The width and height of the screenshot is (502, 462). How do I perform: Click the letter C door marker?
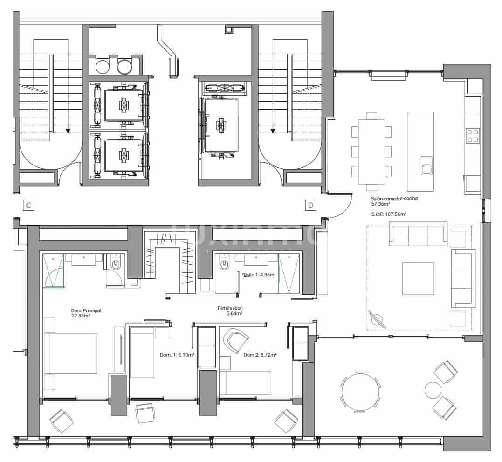pos(28,205)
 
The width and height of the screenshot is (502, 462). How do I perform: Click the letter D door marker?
pos(310,205)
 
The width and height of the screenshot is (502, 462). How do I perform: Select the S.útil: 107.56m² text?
pos(389,214)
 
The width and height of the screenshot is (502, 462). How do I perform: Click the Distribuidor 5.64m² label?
pos(230,311)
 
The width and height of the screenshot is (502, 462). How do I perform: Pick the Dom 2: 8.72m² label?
pos(260,355)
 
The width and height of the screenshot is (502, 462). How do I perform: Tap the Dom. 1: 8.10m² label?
pos(177,355)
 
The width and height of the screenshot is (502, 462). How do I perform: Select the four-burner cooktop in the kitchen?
pos(473,135)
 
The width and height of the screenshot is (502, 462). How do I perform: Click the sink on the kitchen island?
pos(426,166)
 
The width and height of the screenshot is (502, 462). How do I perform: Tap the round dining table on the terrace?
pos(360,392)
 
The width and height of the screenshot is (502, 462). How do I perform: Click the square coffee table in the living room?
pos(418,278)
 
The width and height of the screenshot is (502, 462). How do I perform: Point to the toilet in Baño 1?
pos(225,265)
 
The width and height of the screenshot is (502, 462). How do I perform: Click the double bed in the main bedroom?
pos(70,353)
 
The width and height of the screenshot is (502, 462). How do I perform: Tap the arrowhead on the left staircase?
pos(68,131)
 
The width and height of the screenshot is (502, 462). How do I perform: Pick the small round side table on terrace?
pos(433,389)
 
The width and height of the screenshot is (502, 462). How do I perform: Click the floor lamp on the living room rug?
pos(377,319)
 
